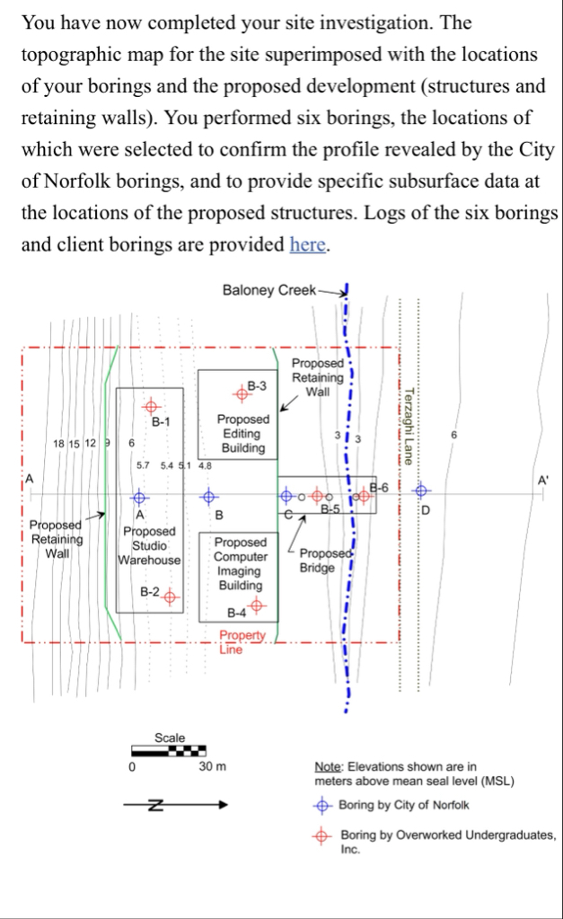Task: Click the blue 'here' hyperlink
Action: tap(307, 244)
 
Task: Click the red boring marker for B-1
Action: tap(150, 406)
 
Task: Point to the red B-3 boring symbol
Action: tap(240, 390)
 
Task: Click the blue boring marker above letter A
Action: tap(139, 495)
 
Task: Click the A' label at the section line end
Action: tap(542, 480)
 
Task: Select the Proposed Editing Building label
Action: tap(242, 433)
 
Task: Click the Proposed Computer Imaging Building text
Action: tap(240, 563)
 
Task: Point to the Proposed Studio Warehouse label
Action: tap(149, 545)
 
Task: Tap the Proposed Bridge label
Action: tap(318, 561)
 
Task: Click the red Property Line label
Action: tap(243, 641)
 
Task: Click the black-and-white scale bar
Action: tap(170, 751)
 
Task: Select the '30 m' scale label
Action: tap(213, 767)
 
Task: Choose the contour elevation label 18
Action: tap(58, 444)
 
